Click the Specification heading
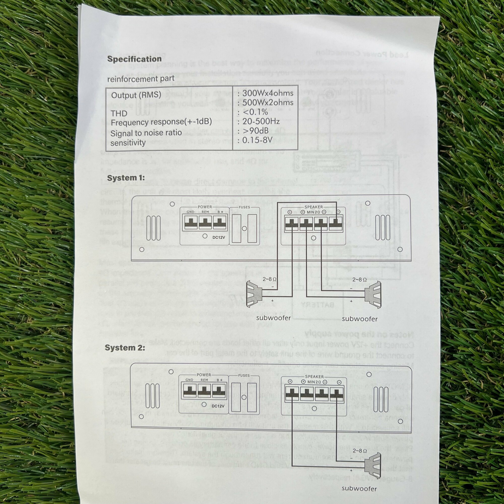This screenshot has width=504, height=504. coord(134,59)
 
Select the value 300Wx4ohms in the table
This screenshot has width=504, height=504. coord(268,93)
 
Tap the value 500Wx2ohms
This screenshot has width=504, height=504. coord(268,103)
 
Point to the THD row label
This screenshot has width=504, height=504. coord(119,113)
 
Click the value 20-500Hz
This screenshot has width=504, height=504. coord(261,121)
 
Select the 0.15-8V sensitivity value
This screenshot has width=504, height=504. coord(257,140)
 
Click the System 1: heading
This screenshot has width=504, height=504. coord(126,178)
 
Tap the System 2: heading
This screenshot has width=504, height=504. coord(125,348)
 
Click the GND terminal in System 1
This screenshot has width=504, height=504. coord(190,222)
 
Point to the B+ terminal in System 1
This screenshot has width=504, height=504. coord(220,222)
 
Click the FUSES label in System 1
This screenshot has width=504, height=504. coord(244,207)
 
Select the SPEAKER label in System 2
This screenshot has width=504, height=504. coord(314,377)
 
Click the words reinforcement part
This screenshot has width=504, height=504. coord(141,79)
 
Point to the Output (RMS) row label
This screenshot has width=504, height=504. coord(136,95)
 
